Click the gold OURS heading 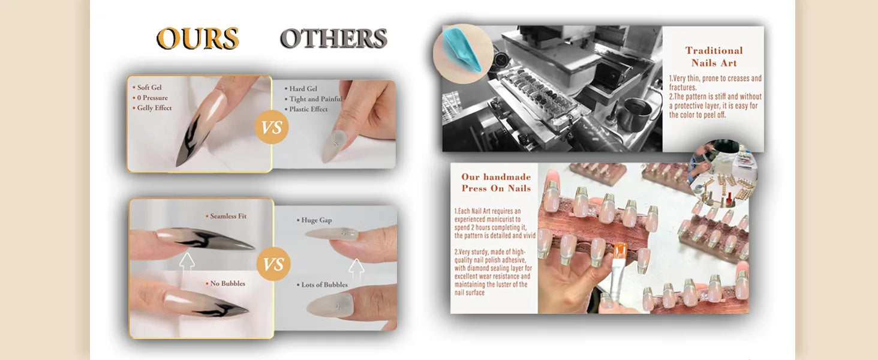[197, 38]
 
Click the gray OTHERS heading [333, 38]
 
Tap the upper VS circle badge [272, 127]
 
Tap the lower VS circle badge [273, 264]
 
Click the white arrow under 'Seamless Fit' [187, 262]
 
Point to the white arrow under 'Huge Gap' [356, 268]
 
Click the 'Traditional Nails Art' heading [714, 56]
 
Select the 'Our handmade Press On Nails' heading [496, 182]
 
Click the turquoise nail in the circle [462, 50]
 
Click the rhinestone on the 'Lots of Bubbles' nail [338, 306]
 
